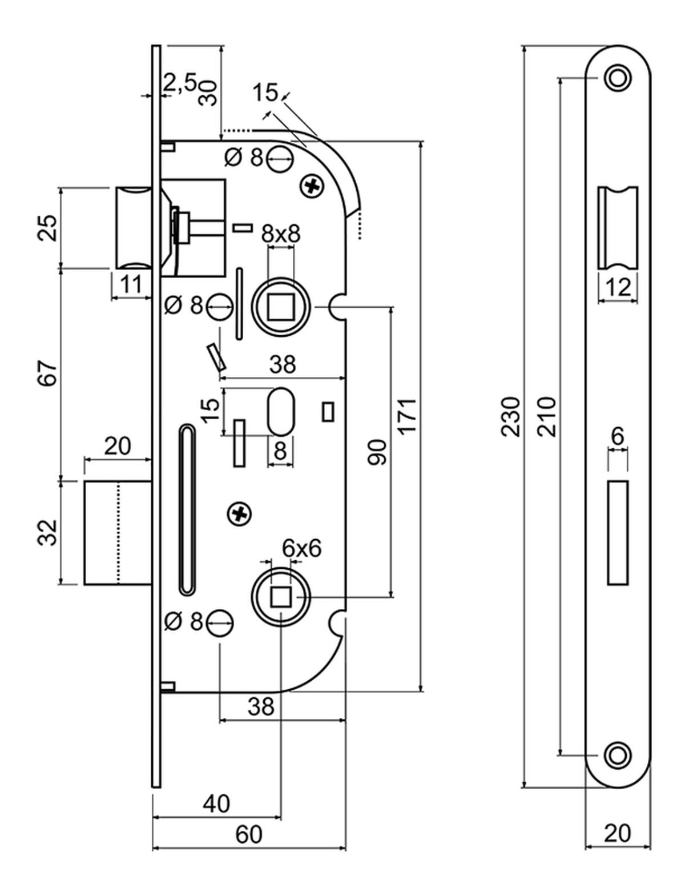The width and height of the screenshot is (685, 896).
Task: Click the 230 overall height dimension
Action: pyautogui.click(x=511, y=416)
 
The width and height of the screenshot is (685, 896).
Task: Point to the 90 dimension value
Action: pyautogui.click(x=377, y=452)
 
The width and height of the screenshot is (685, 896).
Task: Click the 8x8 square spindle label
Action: pyautogui.click(x=280, y=234)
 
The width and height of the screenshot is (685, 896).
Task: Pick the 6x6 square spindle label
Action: pyautogui.click(x=302, y=548)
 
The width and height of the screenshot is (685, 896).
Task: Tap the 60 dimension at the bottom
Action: pyautogui.click(x=249, y=850)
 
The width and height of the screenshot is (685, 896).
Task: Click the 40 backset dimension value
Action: pyautogui.click(x=216, y=803)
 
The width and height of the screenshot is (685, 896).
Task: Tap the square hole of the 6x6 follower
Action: pyautogui.click(x=280, y=597)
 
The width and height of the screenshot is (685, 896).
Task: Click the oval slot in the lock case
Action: pyautogui.click(x=280, y=411)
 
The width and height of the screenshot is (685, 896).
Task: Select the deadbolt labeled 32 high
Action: pyautogui.click(x=117, y=533)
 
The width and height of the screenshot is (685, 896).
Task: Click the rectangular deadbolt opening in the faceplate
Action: pyautogui.click(x=618, y=533)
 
